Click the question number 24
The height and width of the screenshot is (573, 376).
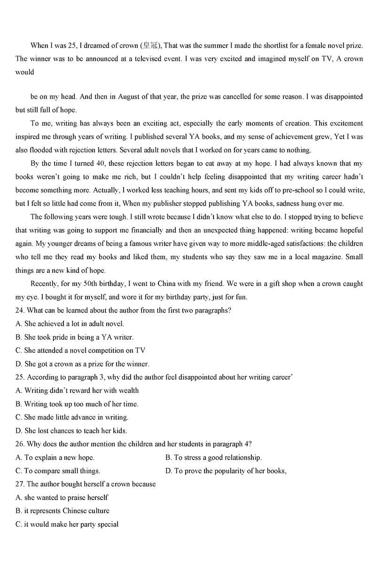[20, 310]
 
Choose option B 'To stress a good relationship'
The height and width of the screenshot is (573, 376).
[214, 457]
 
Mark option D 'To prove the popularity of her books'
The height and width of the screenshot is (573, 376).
[226, 470]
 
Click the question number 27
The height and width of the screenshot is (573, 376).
[20, 484]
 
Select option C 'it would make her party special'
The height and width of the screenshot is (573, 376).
[67, 524]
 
